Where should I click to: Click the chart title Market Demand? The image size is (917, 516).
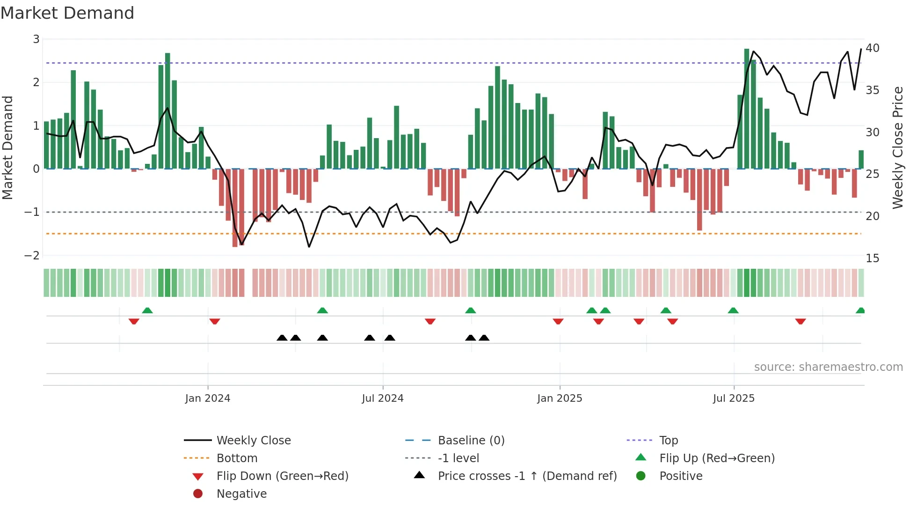tap(67, 13)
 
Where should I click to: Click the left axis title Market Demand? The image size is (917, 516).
tap(8, 147)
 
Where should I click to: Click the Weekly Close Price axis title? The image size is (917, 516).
tap(897, 147)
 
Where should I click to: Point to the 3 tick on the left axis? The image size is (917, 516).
tap(36, 39)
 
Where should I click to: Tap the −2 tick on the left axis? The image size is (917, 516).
tap(32, 256)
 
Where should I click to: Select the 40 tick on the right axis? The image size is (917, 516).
tap(872, 48)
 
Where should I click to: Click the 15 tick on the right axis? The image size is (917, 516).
tap(872, 258)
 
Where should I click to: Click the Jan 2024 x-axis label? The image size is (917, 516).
tap(208, 398)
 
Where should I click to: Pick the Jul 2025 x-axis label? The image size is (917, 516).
tap(734, 398)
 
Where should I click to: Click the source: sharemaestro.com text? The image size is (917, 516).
tap(828, 367)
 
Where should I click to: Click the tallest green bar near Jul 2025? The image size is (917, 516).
tap(747, 109)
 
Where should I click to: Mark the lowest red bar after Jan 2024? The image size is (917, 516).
tap(235, 208)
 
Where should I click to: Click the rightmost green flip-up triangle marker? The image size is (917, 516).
tap(860, 310)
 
